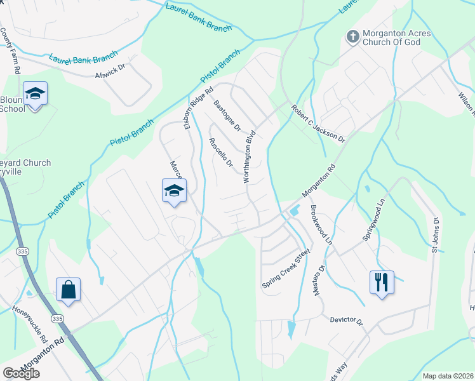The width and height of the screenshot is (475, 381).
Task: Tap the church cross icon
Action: [x=352, y=37]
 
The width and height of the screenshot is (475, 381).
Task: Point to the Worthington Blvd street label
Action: [x=250, y=157]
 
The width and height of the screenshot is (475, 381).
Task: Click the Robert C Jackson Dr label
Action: [x=318, y=124]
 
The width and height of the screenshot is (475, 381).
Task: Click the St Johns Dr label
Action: [x=436, y=235]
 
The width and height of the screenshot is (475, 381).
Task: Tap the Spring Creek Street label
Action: [x=285, y=269]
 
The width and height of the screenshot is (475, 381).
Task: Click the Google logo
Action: [x=21, y=373]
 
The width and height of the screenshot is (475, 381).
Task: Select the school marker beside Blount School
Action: [x=36, y=95]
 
